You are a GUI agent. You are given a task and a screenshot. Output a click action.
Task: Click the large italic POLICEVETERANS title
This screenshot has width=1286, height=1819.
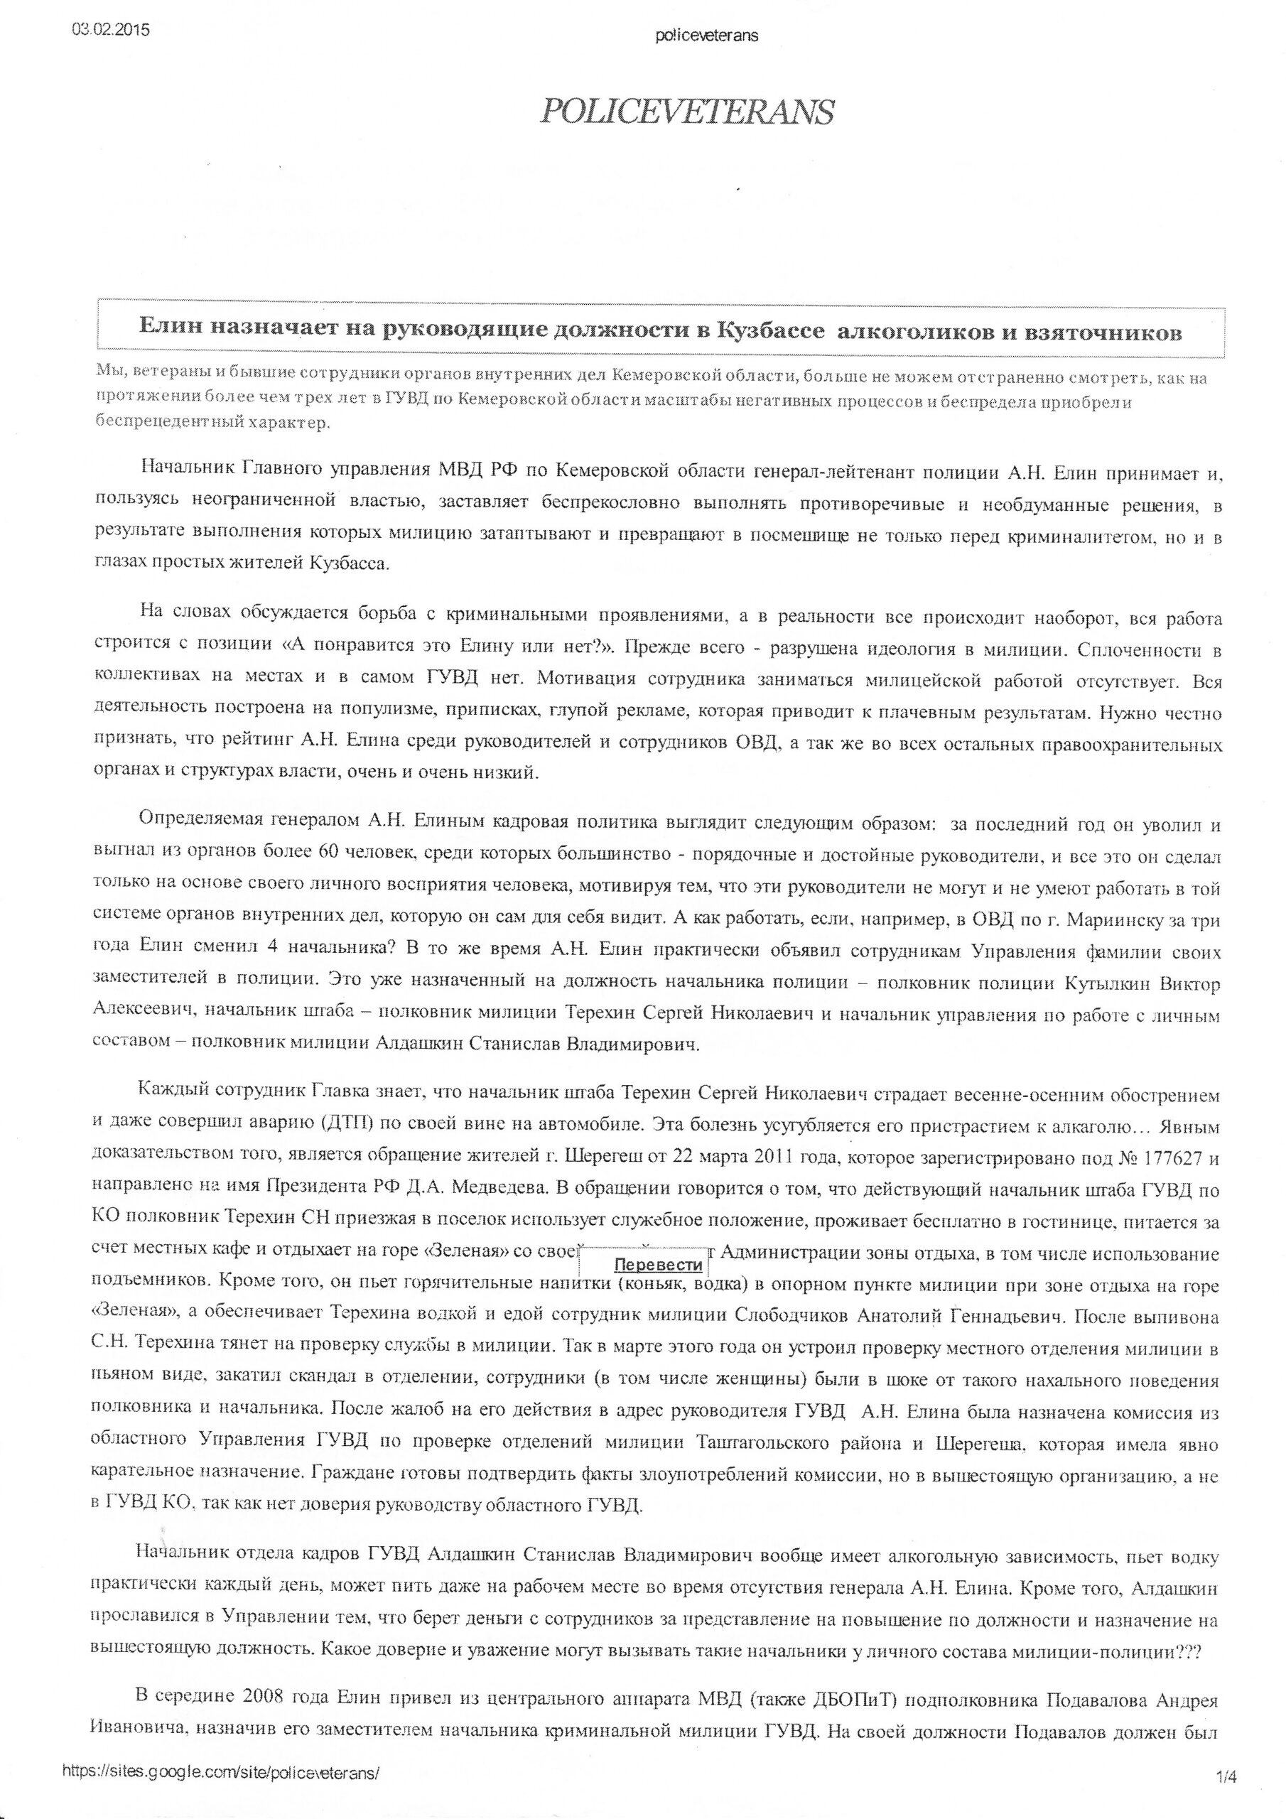coord(686,112)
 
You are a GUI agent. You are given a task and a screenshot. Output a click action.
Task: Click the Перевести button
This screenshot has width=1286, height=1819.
coord(658,1265)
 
